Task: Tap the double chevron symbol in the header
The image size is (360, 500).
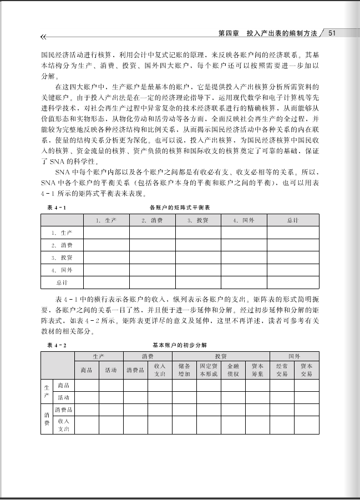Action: (43, 37)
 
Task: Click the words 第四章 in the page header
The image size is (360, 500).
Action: (229, 33)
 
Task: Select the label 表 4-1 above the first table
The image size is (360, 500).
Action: (56, 207)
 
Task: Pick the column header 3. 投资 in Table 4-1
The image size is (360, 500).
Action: (198, 220)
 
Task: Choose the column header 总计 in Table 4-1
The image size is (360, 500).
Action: (293, 220)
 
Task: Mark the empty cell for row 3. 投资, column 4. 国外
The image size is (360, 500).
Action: (244, 257)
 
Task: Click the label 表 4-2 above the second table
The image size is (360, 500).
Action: (56, 345)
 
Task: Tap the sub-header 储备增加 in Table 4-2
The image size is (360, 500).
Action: (184, 370)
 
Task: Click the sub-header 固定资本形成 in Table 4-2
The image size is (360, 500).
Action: (209, 370)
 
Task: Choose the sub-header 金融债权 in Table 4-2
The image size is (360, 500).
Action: (233, 370)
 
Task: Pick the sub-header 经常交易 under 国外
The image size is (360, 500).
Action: (282, 370)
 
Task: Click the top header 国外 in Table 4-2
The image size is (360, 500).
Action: (294, 356)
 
